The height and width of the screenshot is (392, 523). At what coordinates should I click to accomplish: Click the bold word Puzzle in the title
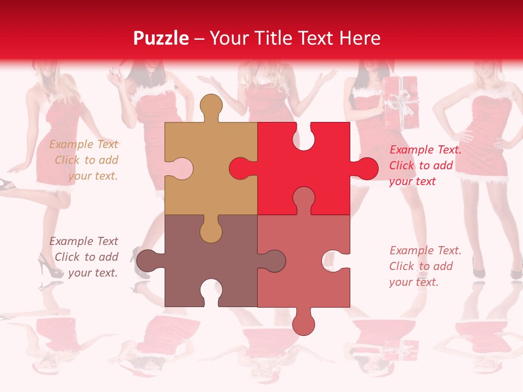pyautogui.click(x=161, y=38)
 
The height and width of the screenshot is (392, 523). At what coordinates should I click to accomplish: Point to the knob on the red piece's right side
pyautogui.click(x=365, y=168)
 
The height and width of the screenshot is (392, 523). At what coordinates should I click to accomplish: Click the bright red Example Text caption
pyautogui.click(x=425, y=166)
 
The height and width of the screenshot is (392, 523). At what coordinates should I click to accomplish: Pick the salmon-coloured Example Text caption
pyautogui.click(x=425, y=266)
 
